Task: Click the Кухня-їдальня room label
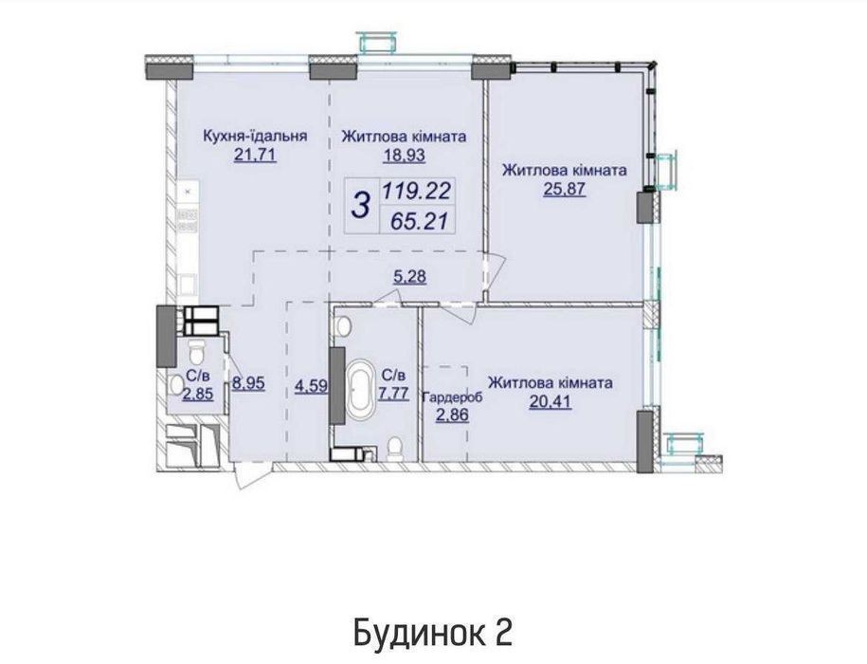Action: click(255, 136)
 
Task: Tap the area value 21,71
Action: click(255, 155)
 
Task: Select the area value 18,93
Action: click(405, 156)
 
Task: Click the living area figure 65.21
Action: click(419, 221)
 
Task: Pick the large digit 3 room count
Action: click(361, 205)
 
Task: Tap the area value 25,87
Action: click(564, 190)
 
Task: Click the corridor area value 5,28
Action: click(409, 276)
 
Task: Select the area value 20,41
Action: click(551, 402)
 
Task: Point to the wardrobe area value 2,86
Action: click(453, 415)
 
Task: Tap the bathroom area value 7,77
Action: click(393, 394)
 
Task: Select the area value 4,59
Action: click(310, 386)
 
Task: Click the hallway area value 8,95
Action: click(249, 383)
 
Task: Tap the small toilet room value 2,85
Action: click(198, 394)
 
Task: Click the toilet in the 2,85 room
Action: click(197, 350)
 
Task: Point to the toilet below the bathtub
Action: click(395, 448)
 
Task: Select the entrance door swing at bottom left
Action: click(245, 477)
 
